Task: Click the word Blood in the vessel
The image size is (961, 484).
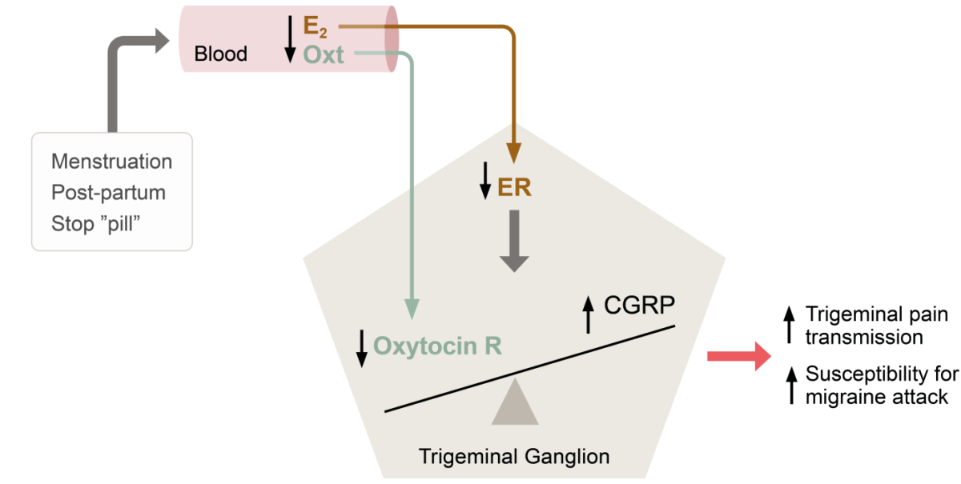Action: click(220, 54)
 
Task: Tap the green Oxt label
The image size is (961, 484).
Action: click(323, 54)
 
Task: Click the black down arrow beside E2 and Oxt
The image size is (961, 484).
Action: click(289, 40)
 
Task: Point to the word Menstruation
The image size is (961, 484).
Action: click(111, 162)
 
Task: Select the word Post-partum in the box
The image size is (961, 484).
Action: click(108, 192)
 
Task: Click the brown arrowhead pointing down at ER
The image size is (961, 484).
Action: click(513, 153)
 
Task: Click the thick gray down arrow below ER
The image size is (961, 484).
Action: click(513, 240)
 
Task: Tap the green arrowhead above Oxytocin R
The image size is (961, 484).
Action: click(412, 307)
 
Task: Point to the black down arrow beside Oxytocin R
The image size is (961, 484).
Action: click(362, 348)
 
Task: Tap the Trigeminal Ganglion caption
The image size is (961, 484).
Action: click(513, 457)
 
